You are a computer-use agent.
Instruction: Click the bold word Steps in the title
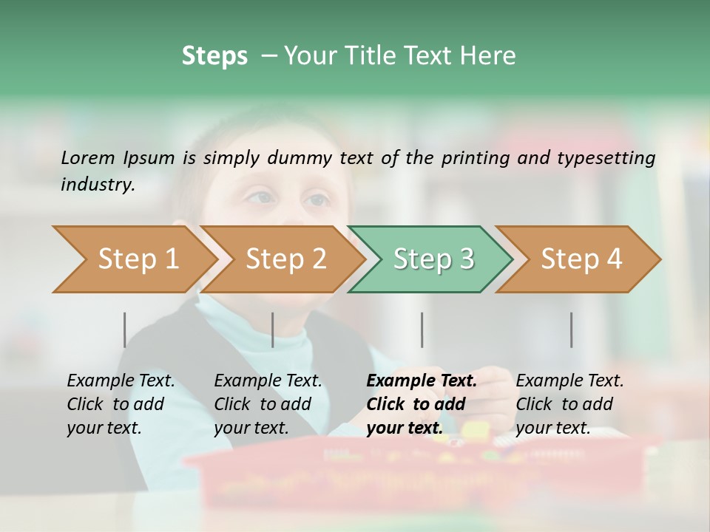[x=214, y=56]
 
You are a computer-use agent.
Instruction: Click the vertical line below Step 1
[x=125, y=330]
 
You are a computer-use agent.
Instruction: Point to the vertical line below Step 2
[x=273, y=330]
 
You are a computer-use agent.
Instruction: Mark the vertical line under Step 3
[x=422, y=330]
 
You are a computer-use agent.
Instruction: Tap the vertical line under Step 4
[x=572, y=330]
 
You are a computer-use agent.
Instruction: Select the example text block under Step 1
[x=121, y=403]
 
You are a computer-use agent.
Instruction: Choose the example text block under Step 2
[x=268, y=403]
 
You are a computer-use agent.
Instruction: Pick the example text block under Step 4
[x=569, y=403]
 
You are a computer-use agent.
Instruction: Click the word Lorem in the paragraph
[x=88, y=157]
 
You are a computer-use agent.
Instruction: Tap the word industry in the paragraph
[x=98, y=185]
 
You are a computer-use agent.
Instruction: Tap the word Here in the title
[x=487, y=56]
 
